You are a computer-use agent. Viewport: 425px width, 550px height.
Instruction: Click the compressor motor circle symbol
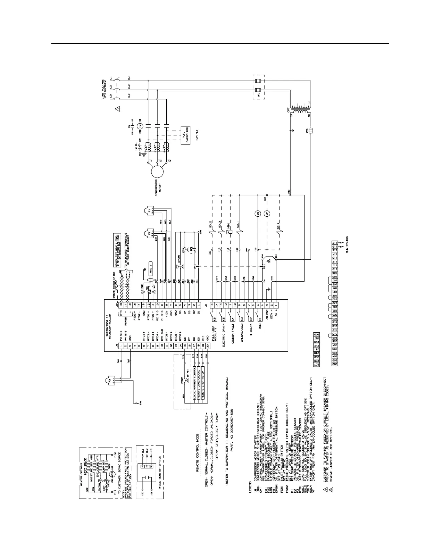[x=157, y=171]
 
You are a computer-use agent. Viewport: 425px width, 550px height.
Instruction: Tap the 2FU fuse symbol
[x=311, y=131]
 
